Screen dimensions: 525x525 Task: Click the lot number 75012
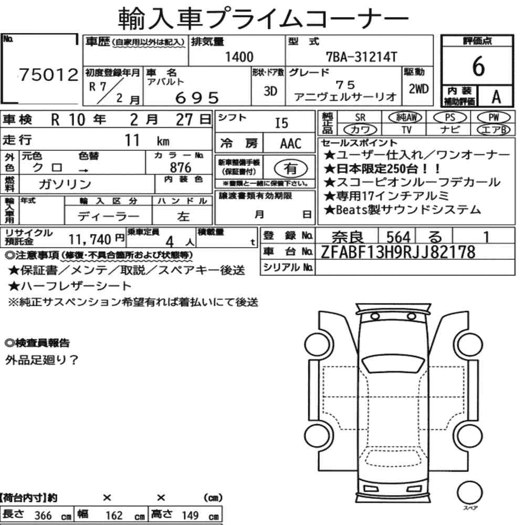(48, 75)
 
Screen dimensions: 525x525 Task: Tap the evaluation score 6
(478, 66)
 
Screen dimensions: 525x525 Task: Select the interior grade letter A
(496, 97)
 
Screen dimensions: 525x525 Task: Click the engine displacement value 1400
(239, 57)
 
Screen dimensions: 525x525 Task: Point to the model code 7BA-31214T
(361, 57)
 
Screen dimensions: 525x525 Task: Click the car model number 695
(197, 98)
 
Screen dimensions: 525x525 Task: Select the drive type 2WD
(418, 89)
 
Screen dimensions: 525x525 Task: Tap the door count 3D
(270, 91)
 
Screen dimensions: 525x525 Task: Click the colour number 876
(181, 167)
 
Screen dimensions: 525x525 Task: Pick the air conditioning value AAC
(291, 144)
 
